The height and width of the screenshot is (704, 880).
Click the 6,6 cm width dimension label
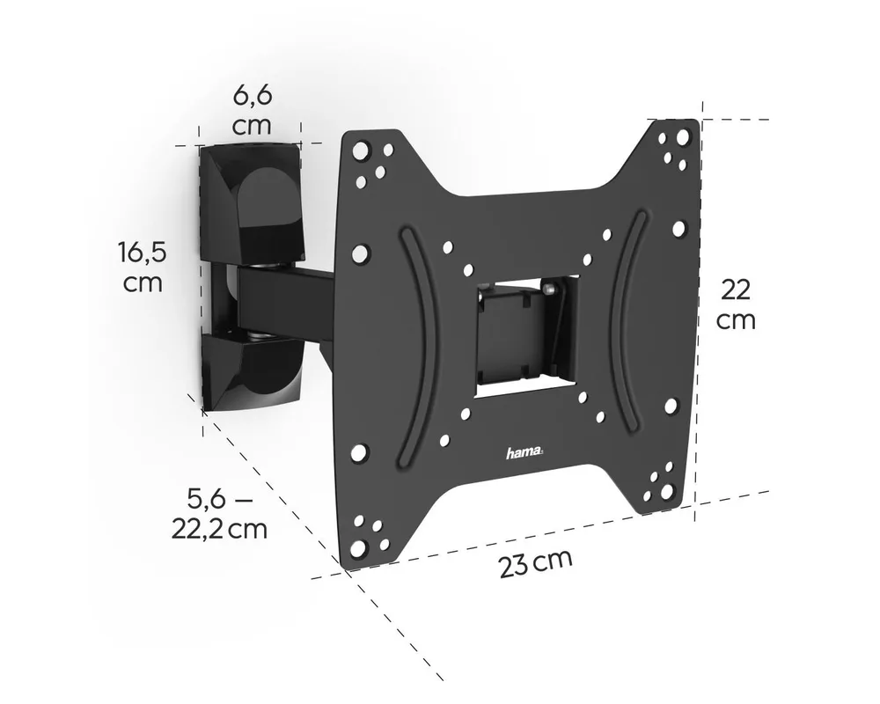[252, 110]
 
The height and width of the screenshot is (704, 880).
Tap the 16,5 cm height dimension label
[143, 266]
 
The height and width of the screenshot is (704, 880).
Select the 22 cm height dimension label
[736, 305]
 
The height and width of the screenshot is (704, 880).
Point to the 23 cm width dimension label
[536, 563]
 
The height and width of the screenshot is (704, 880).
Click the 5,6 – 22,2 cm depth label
[219, 514]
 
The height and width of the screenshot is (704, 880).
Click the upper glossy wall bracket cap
[251, 203]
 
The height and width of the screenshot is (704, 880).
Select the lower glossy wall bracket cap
[251, 371]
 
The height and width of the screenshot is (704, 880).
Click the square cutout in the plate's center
[526, 335]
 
